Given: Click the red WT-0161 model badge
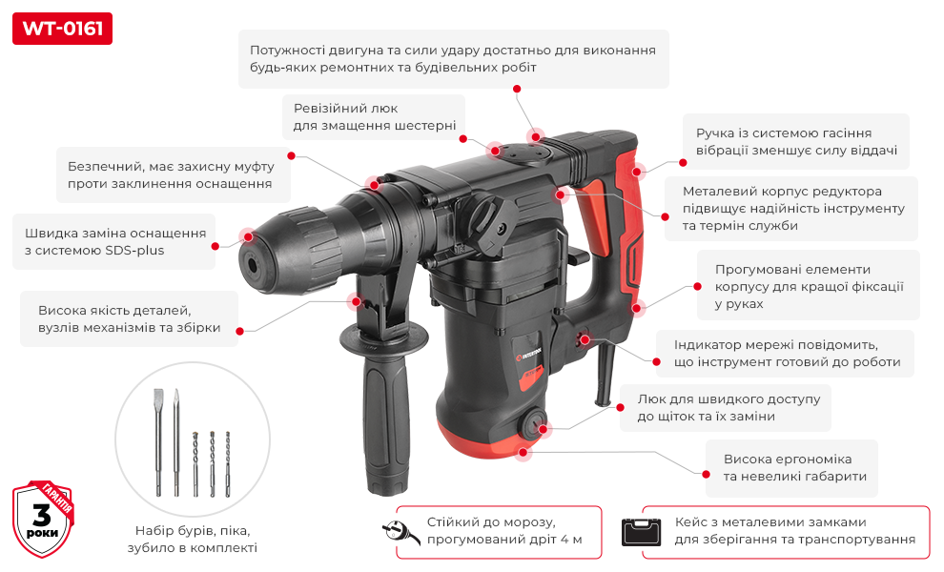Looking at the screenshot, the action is (62, 29).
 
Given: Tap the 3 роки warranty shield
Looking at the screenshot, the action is (43, 519).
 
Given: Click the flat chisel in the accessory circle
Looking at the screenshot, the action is (158, 442).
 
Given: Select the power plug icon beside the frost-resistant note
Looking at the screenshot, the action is (400, 532).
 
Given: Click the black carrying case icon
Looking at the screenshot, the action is (641, 532).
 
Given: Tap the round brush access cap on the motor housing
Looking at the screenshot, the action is (533, 424).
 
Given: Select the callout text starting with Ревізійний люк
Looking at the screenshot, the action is (375, 117).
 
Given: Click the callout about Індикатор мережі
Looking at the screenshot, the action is (787, 354).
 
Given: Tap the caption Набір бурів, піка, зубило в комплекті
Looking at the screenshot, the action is (192, 539).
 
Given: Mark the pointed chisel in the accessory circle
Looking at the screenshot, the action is (176, 442).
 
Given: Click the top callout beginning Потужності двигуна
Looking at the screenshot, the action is (453, 58).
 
